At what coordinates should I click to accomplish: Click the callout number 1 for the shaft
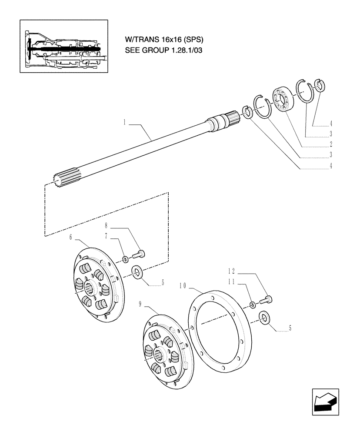[124, 123]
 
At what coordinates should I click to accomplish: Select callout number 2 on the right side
[331, 144]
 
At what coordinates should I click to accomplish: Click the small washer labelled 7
[125, 259]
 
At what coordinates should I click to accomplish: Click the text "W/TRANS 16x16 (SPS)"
[164, 40]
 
